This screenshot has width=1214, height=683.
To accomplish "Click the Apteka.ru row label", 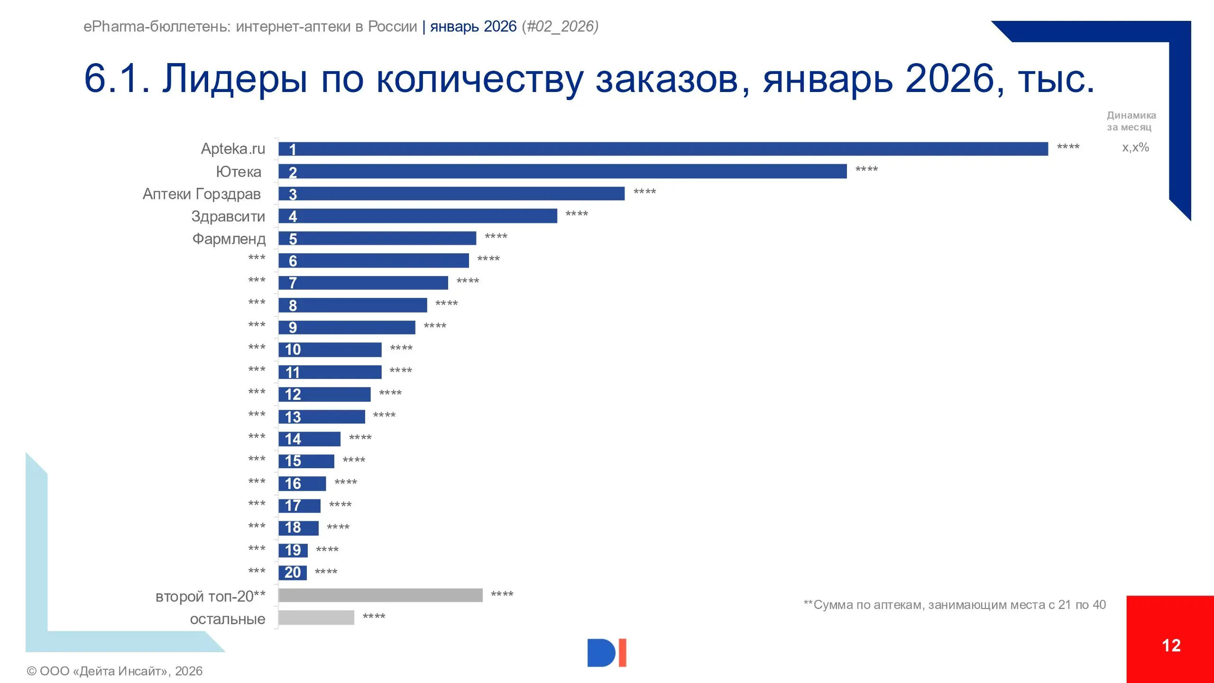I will [x=233, y=149].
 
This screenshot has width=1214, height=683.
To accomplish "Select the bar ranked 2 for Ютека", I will [x=562, y=171].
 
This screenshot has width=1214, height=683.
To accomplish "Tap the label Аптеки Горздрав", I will [x=202, y=194].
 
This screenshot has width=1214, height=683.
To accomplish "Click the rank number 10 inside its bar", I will [x=293, y=350].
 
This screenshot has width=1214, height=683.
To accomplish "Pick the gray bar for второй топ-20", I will [x=380, y=595].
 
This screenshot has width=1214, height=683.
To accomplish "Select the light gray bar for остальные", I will [x=316, y=618].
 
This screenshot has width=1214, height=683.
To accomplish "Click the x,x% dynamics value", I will [x=1135, y=148].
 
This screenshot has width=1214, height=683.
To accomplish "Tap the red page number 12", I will [x=1171, y=646].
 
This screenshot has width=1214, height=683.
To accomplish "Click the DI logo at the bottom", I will [x=607, y=653].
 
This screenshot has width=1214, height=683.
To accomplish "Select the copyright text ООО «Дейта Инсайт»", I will [x=114, y=671].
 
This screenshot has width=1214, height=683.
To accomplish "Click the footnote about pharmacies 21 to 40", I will [x=954, y=605].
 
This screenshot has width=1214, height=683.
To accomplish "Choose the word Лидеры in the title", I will [x=235, y=79].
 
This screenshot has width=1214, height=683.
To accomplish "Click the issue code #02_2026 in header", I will [x=560, y=27].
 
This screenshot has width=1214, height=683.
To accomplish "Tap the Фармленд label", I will [x=229, y=239].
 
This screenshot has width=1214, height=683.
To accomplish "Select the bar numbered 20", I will [x=293, y=572].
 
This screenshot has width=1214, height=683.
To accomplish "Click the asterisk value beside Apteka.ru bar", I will [x=1068, y=148].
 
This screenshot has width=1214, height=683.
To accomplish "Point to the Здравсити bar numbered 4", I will [x=417, y=216].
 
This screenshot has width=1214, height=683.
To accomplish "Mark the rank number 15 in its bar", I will [x=293, y=461].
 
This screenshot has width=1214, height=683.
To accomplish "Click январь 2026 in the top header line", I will [x=473, y=27].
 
